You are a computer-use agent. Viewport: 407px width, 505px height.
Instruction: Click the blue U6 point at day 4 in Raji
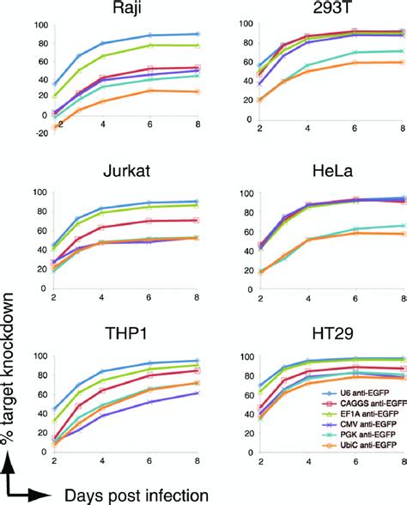(104, 43)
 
